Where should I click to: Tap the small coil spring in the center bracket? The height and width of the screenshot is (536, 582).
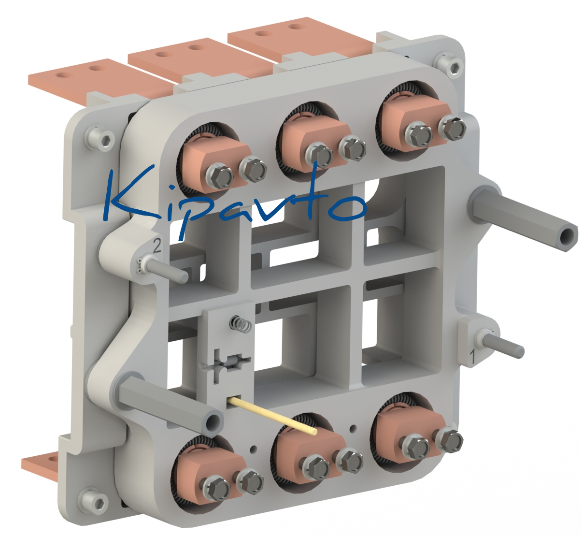point(241,323)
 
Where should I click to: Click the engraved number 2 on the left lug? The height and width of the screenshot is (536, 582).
point(157,246)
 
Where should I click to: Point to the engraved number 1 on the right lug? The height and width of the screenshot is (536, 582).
point(472,357)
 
